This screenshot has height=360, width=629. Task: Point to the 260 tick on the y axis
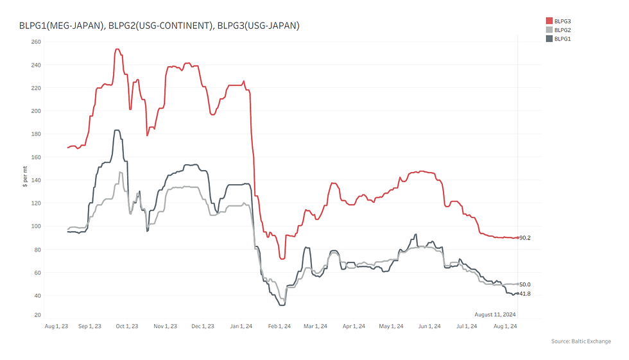click(x=37, y=42)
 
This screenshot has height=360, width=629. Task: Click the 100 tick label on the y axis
click(x=37, y=227)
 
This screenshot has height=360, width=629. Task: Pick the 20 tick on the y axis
click(x=38, y=315)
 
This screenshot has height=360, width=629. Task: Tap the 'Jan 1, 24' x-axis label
click(x=241, y=327)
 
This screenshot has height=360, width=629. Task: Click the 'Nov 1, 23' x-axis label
click(x=165, y=327)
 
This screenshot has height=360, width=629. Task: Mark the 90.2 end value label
click(x=525, y=238)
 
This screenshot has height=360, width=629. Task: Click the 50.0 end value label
click(x=525, y=284)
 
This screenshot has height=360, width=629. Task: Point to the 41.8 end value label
click(x=525, y=294)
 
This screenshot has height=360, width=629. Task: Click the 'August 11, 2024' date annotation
click(x=495, y=314)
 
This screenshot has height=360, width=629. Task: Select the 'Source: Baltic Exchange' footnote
click(x=581, y=341)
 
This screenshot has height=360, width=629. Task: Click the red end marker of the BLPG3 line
click(x=518, y=237)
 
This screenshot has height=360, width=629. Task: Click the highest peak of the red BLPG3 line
click(x=117, y=49)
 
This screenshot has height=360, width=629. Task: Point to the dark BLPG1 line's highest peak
click(x=116, y=130)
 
